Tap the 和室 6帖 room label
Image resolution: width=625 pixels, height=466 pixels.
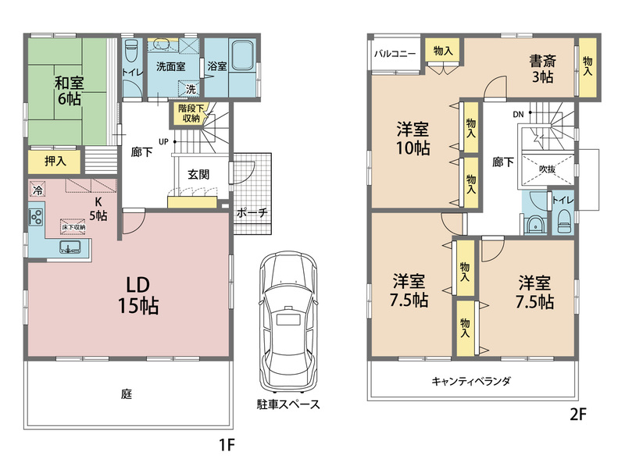[70, 91]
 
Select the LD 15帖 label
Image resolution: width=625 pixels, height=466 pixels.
[138, 296]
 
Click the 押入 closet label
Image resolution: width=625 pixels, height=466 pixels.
[55, 161]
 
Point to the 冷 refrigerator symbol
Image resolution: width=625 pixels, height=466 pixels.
[37, 189]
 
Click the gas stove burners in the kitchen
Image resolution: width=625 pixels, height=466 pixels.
[35, 217]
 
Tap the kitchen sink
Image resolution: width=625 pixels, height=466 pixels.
[70, 247]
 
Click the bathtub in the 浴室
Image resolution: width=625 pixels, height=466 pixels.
[243, 55]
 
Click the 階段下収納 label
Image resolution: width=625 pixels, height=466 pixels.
[191, 113]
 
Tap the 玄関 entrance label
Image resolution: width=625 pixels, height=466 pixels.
[198, 174]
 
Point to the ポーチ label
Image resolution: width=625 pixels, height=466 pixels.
[252, 212]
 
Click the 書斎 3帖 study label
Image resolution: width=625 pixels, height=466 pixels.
[542, 69]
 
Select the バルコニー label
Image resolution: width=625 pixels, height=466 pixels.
[395, 54]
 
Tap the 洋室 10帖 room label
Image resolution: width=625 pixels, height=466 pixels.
[412, 139]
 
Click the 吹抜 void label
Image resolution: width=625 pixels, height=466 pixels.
[547, 169]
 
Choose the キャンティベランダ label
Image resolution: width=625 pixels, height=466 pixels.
[471, 381]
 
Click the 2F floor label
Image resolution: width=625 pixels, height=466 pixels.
[578, 414]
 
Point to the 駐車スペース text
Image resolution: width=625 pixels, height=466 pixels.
[288, 404]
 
